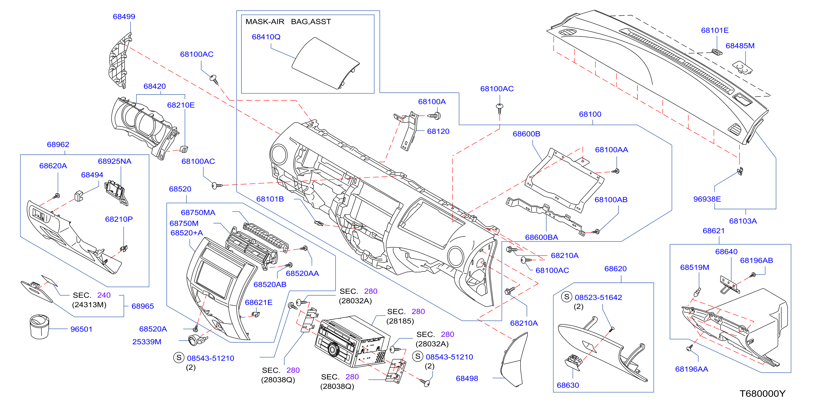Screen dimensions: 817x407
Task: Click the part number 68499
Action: click(x=124, y=16)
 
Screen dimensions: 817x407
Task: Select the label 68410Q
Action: click(x=266, y=37)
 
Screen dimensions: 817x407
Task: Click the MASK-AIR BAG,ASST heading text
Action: click(x=288, y=22)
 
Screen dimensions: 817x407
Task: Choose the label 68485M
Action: click(x=740, y=46)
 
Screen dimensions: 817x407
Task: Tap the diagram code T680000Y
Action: click(x=762, y=394)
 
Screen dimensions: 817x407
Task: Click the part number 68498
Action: click(x=467, y=378)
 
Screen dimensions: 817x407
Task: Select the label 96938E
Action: click(x=707, y=199)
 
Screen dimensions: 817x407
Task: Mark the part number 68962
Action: click(x=58, y=145)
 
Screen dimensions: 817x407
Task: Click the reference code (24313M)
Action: click(x=89, y=305)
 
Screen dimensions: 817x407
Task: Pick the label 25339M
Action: click(x=147, y=342)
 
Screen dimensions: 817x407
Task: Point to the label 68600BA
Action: click(x=542, y=237)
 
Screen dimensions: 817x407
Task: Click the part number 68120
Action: click(x=438, y=131)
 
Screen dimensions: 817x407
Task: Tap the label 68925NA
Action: click(x=114, y=162)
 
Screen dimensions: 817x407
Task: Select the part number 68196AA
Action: click(x=692, y=369)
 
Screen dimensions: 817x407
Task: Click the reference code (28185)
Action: click(x=400, y=321)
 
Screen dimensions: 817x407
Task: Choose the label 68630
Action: click(x=568, y=385)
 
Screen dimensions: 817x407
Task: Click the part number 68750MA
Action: click(x=198, y=213)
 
